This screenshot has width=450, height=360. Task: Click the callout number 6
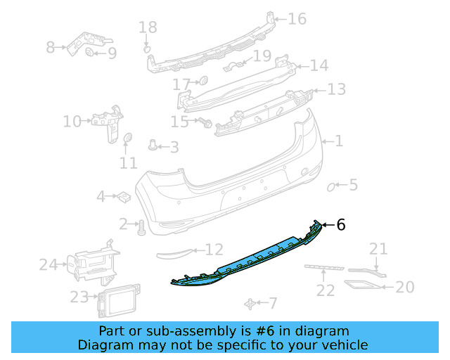point(341,224)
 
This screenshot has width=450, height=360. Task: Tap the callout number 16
point(297,18)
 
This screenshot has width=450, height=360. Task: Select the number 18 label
point(148,27)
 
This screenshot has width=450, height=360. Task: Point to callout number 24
point(48,264)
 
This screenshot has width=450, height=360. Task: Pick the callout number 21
point(378,248)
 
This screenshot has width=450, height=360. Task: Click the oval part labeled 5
point(332,186)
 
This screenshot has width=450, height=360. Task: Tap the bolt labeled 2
point(140,226)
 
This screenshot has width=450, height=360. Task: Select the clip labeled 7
point(250,303)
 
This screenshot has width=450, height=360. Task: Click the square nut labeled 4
point(121,196)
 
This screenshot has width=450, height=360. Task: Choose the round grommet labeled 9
point(90,53)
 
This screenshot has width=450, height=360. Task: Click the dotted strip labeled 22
point(324,267)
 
